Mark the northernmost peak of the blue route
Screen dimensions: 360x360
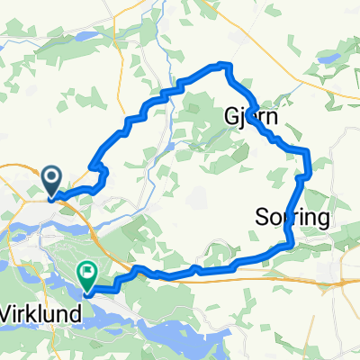(223, 64)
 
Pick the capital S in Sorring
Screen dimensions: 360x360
(262, 217)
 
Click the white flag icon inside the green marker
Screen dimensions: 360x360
(88, 268)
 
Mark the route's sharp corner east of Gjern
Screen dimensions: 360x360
(308, 150)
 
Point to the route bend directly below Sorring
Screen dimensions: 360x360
(290, 241)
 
